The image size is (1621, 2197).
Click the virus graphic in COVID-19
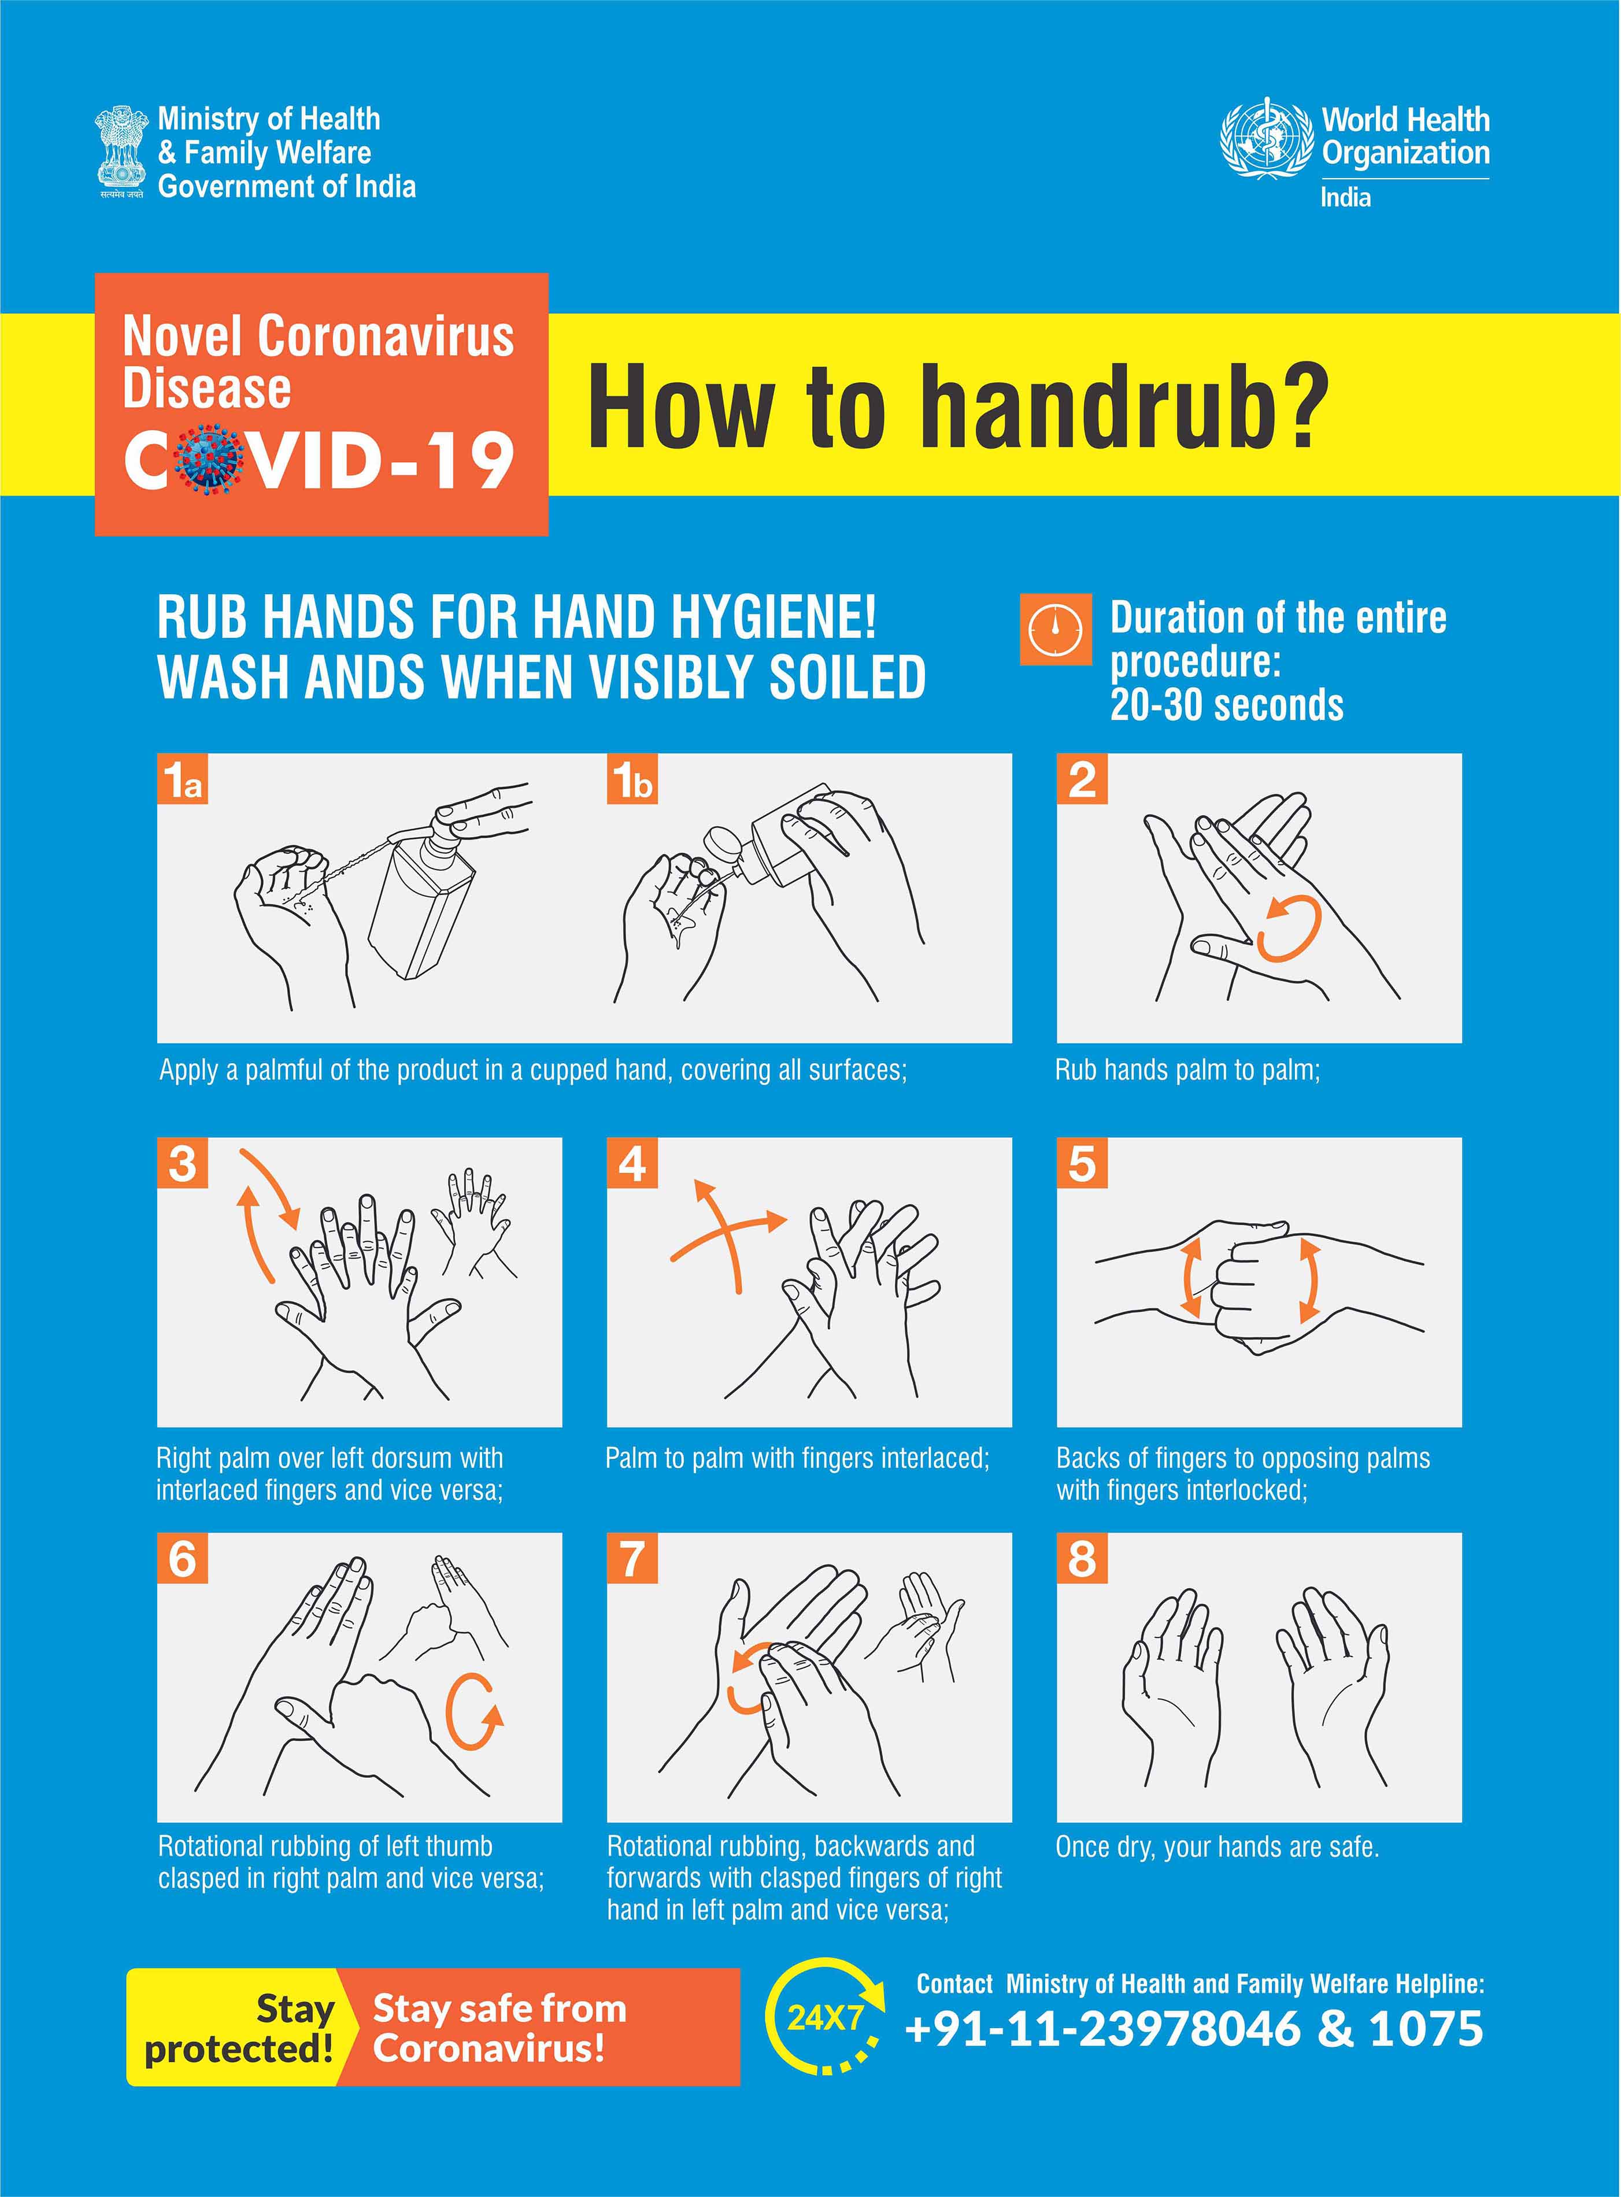point(210,459)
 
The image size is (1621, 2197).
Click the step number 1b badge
point(632,780)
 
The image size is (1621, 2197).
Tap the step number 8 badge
point(1081,1558)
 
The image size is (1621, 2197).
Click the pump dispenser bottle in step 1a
point(424,896)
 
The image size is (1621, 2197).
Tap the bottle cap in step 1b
point(721,846)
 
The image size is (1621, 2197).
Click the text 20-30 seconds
point(1227,705)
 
